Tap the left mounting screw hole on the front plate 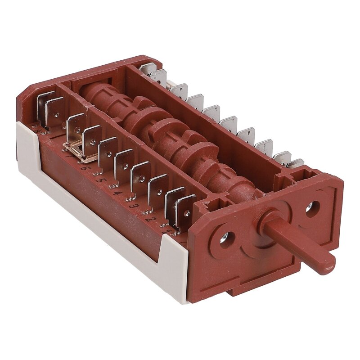pyautogui.click(x=226, y=239)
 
